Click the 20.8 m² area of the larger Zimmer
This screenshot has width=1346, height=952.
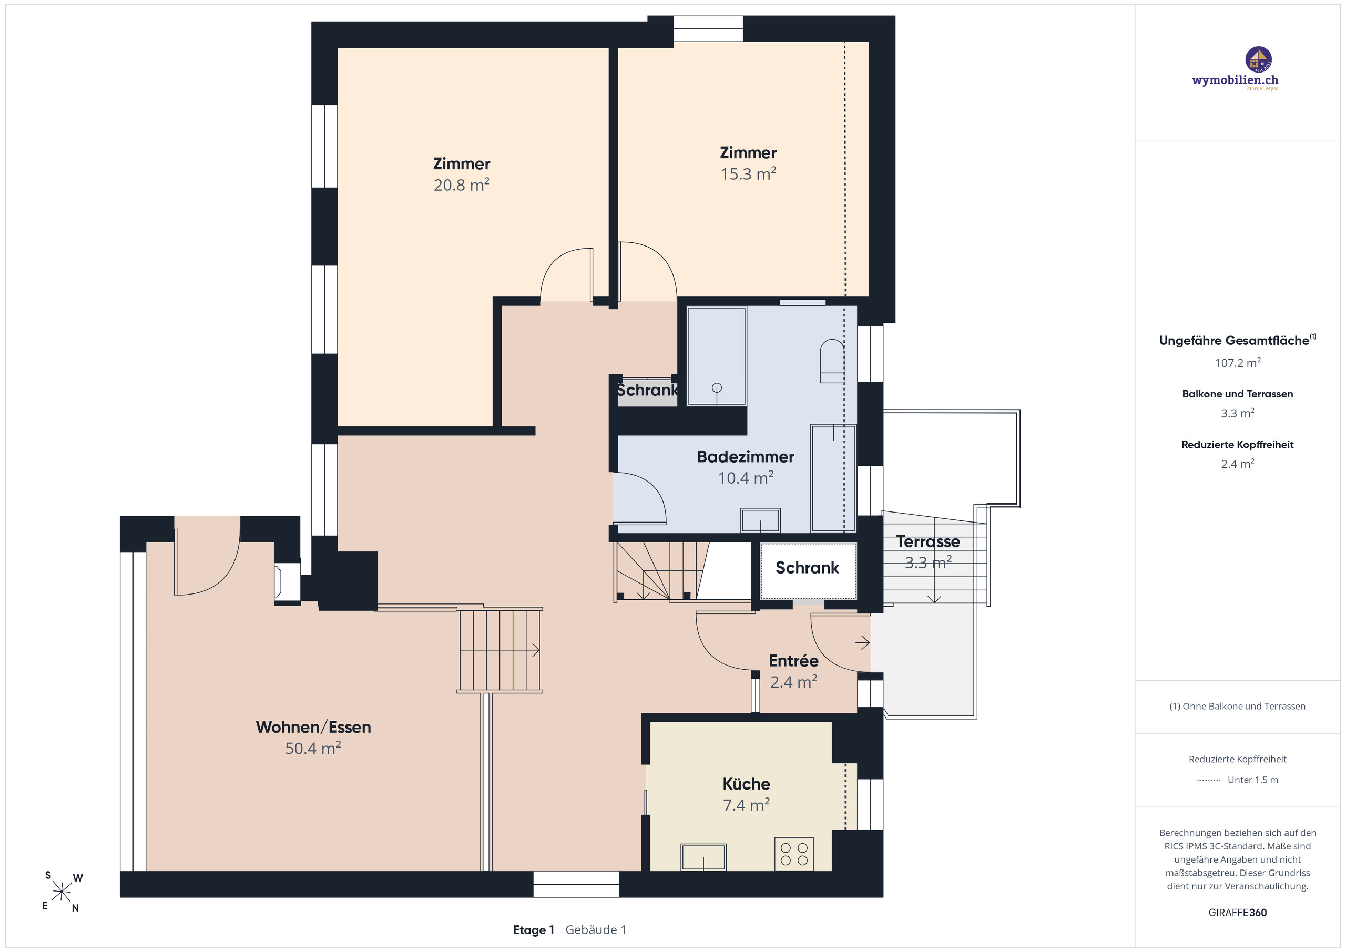pos(461,185)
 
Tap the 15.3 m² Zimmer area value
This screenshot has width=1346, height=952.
pos(748,174)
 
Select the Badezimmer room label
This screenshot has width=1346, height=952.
pos(745,457)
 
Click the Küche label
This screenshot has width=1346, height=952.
pos(746,784)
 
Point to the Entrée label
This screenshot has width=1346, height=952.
pos(793,661)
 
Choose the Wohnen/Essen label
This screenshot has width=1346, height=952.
pos(313,727)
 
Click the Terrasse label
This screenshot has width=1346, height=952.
pos(928,541)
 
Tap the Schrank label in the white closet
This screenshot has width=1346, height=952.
pos(807,567)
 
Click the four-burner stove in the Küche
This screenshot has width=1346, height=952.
pos(794,854)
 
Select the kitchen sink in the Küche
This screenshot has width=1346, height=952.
pos(703,857)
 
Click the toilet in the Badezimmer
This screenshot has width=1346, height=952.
pos(832,361)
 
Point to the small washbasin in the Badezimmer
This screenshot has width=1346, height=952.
pos(760,520)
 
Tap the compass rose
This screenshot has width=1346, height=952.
pos(62,892)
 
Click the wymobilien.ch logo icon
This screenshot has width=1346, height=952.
pos(1258,60)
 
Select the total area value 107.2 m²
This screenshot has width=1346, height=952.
pos(1238,363)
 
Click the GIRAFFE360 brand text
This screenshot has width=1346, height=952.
pos(1238,913)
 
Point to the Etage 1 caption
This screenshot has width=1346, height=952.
pos(533,930)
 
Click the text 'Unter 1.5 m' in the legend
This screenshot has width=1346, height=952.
pos(1253,780)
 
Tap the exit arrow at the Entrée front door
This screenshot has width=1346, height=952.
pos(862,643)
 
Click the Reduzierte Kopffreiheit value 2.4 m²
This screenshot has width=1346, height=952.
pos(1238,464)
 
